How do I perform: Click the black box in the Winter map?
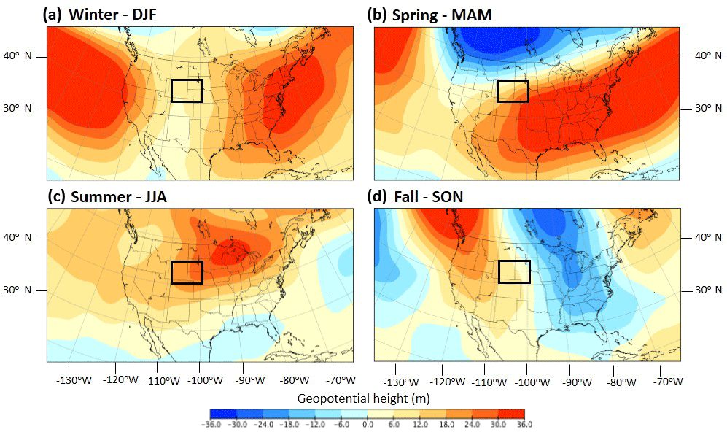pyautogui.click(x=187, y=90)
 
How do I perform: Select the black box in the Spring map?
pyautogui.click(x=513, y=90)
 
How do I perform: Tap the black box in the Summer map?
pyautogui.click(x=187, y=272)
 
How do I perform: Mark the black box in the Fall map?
pyautogui.click(x=514, y=271)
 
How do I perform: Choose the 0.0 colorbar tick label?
pyautogui.click(x=368, y=425)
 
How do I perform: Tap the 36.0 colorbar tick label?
pyautogui.click(x=524, y=425)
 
